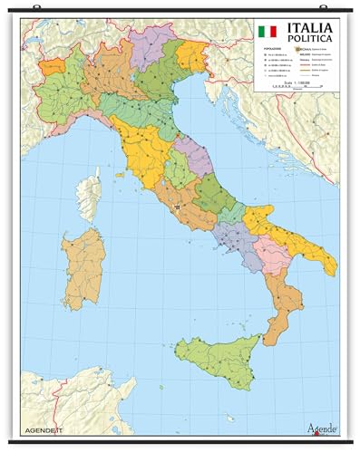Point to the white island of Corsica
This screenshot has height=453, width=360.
pos(91,194)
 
